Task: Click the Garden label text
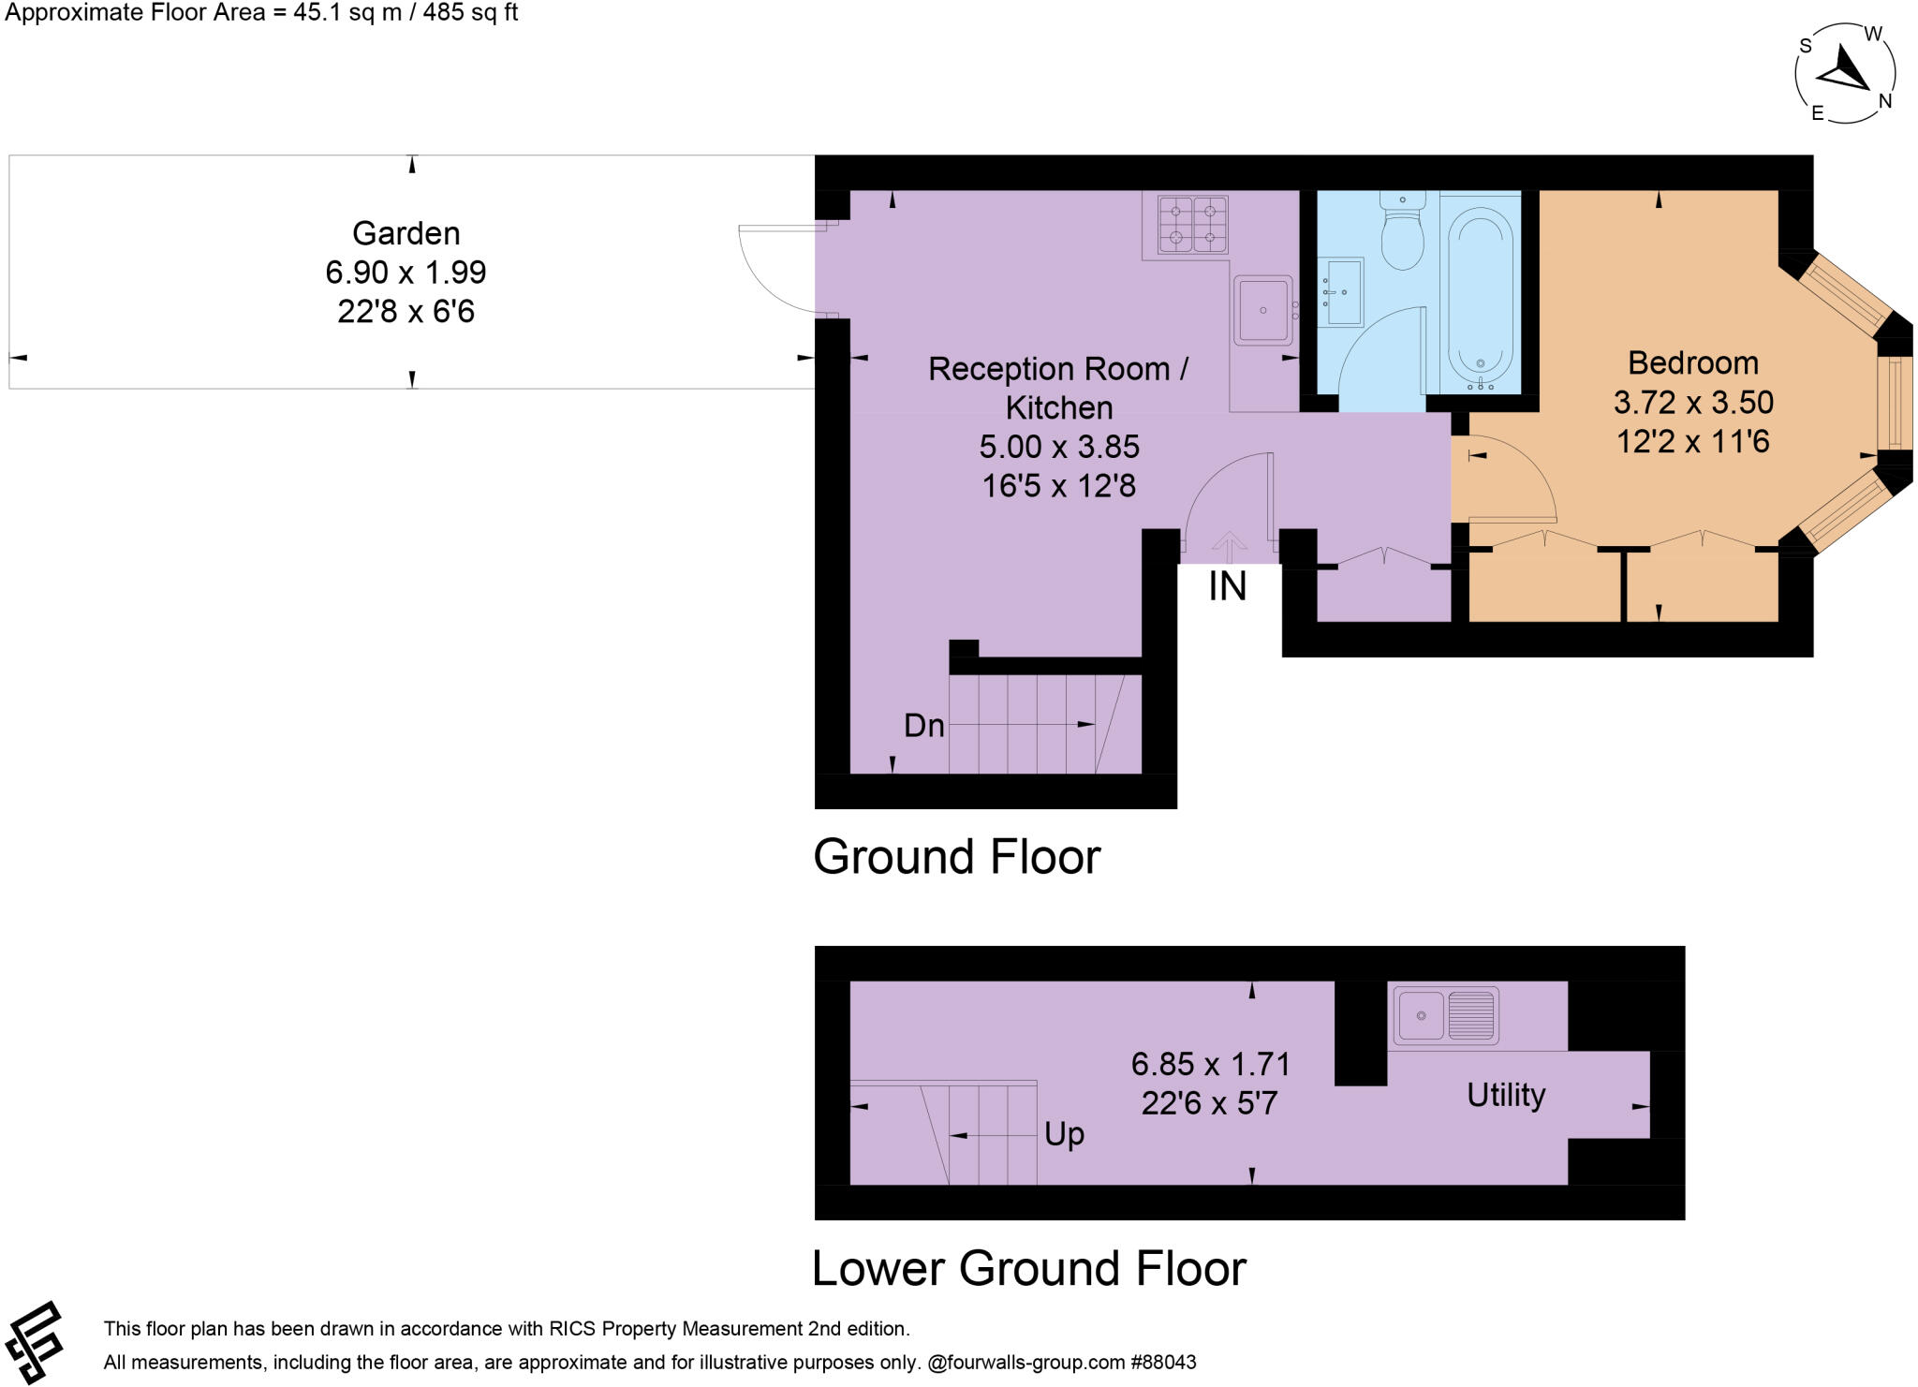pyautogui.click(x=406, y=233)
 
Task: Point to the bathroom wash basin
pyautogui.click(x=1340, y=291)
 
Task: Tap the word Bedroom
pyautogui.click(x=1692, y=362)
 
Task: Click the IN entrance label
pyautogui.click(x=1227, y=587)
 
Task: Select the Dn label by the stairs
pyautogui.click(x=923, y=726)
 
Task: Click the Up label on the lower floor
pyautogui.click(x=1064, y=1134)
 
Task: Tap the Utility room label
pyautogui.click(x=1505, y=1095)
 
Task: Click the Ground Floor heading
pyautogui.click(x=956, y=857)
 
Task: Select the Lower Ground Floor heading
pyautogui.click(x=1028, y=1269)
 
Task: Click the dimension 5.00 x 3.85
pyautogui.click(x=1059, y=447)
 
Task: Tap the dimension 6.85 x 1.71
pyautogui.click(x=1210, y=1064)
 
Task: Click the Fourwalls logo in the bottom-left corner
pyautogui.click(x=35, y=1342)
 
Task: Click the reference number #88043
pyautogui.click(x=1164, y=1363)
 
